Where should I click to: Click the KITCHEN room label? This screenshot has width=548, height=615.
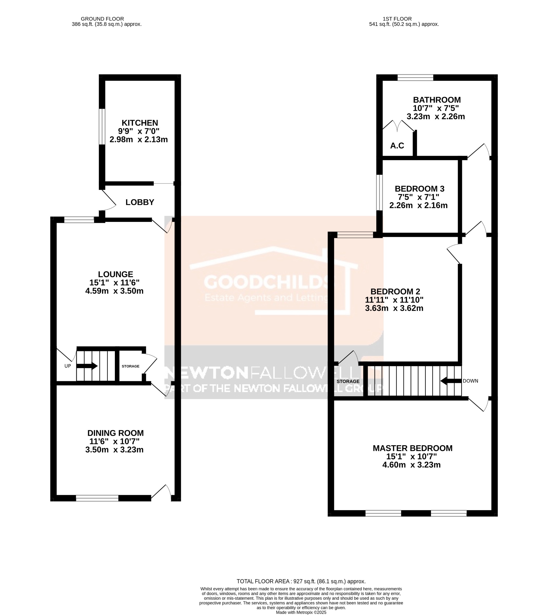pos(140,123)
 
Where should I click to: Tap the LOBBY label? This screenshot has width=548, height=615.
pos(140,202)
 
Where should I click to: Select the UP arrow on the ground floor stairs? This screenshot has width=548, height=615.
pos(87,366)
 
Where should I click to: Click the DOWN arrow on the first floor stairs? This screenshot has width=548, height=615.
pos(451,381)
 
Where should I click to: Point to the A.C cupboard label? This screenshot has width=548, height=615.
pos(397,146)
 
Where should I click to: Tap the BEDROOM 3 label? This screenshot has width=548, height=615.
pos(419,189)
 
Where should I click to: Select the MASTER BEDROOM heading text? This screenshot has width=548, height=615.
pos(412,448)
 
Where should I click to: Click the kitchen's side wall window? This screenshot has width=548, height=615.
pos(102,127)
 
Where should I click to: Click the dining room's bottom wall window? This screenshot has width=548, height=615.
pos(97,498)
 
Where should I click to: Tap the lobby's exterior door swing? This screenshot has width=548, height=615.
pos(108,200)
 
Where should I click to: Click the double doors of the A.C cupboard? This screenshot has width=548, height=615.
pos(398,126)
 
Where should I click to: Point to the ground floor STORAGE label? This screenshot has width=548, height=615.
pos(130,366)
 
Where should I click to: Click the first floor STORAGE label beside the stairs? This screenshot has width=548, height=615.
pos(348,381)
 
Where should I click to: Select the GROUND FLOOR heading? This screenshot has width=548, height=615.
pos(102,19)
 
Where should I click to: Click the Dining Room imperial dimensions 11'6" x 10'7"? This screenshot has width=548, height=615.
pos(114,441)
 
